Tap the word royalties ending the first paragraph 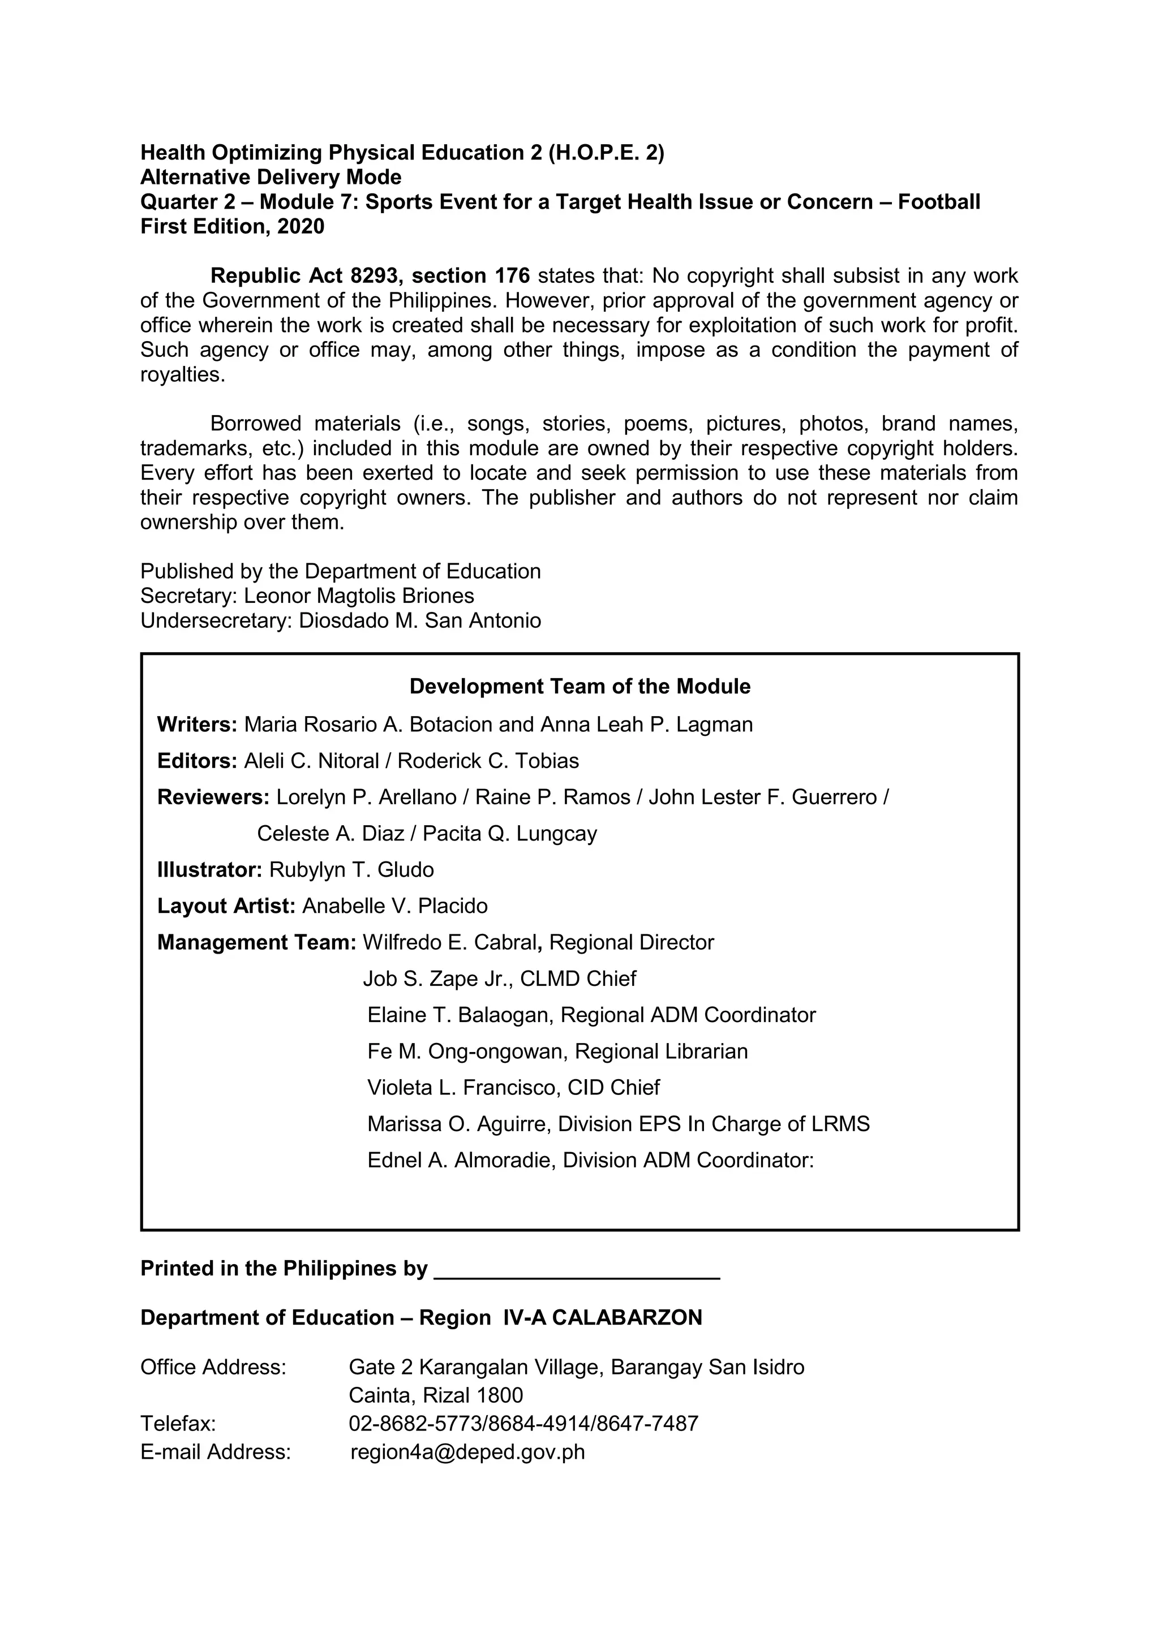(x=182, y=374)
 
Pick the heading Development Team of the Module (x=579, y=686)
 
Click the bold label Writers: (x=197, y=725)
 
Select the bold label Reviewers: (x=213, y=798)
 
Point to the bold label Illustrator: (x=210, y=870)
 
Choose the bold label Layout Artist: (x=226, y=906)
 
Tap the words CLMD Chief (x=577, y=979)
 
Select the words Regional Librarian (x=661, y=1051)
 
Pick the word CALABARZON (x=626, y=1318)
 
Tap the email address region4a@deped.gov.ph (x=467, y=1452)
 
